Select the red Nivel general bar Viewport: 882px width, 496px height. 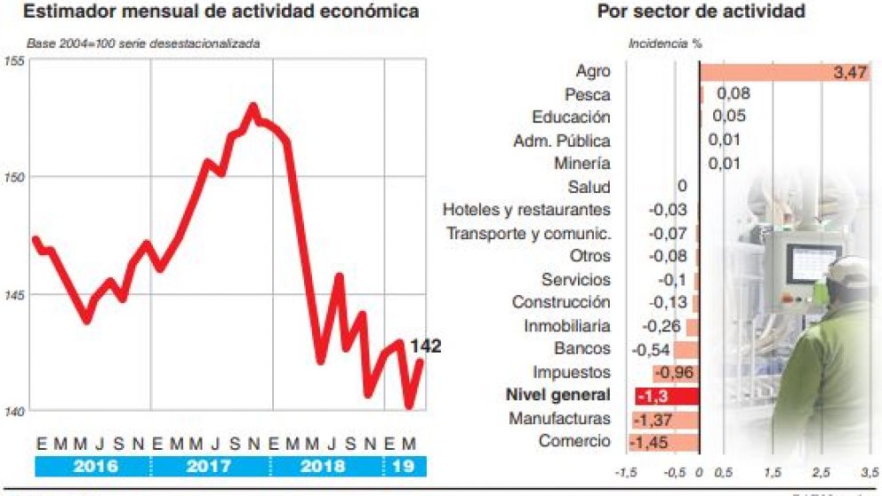point(667,396)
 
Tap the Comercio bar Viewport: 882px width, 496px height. point(663,442)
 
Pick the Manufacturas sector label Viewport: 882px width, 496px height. point(559,419)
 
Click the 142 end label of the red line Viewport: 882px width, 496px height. point(425,347)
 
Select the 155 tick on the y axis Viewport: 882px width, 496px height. point(13,61)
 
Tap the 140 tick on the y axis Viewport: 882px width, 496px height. point(13,411)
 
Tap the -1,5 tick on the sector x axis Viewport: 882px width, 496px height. point(626,471)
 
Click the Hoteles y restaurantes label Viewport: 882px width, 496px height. point(526,211)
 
